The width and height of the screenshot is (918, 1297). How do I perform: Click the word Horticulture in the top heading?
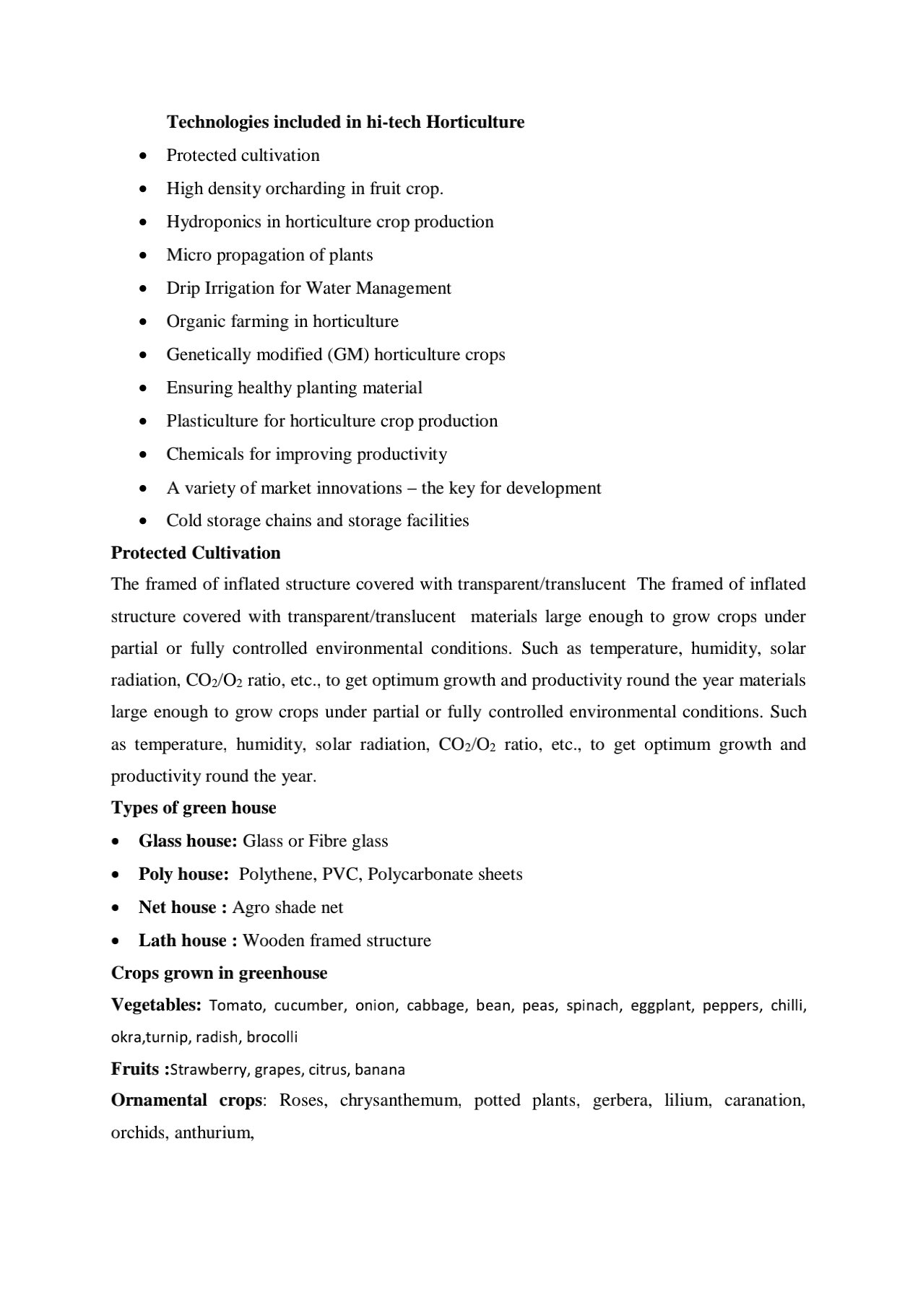(x=475, y=122)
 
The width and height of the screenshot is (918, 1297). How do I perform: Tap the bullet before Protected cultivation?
(x=145, y=156)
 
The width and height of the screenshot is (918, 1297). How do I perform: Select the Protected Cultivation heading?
(x=196, y=553)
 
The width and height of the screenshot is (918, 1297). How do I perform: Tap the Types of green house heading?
(x=194, y=808)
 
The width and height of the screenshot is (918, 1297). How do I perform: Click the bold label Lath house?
(x=183, y=940)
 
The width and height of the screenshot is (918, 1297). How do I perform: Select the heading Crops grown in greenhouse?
(x=219, y=973)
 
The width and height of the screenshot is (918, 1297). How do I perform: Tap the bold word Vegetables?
(x=156, y=1005)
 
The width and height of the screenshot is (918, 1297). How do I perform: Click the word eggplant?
(x=660, y=1005)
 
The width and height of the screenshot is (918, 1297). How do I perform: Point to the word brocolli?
(x=272, y=1037)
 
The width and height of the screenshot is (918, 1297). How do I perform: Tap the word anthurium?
(x=214, y=1133)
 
